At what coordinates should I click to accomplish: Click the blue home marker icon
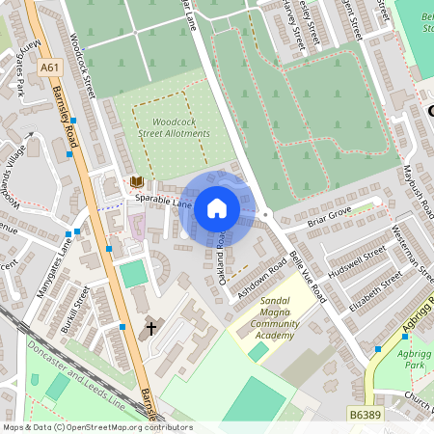coord(217,207)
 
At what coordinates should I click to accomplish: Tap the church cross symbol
coord(150,329)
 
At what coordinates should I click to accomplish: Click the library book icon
coord(137,181)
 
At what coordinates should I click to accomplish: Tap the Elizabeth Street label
coord(375,288)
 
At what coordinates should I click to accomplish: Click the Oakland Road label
coord(223,249)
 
